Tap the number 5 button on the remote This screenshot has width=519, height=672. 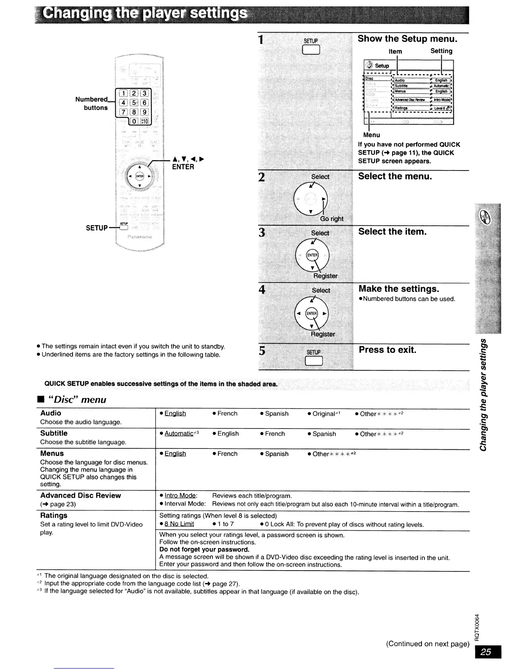pyautogui.click(x=133, y=102)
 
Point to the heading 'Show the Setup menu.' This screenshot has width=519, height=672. pyautogui.click(x=407, y=39)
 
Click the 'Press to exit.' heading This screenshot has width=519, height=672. pyautogui.click(x=388, y=350)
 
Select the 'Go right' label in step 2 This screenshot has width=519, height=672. pyautogui.click(x=332, y=219)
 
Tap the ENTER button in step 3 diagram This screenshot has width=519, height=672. pyautogui.click(x=312, y=255)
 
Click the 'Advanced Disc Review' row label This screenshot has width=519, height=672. pyautogui.click(x=81, y=496)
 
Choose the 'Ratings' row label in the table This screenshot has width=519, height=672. pyautogui.click(x=54, y=515)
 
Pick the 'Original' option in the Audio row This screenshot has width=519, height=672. pyautogui.click(x=324, y=414)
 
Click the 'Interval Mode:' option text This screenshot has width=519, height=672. pyautogui.click(x=185, y=504)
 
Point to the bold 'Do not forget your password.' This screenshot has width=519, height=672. pyautogui.click(x=204, y=550)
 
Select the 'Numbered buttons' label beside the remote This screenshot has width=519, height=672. pyautogui.click(x=91, y=104)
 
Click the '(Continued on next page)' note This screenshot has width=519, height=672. pyautogui.click(x=427, y=644)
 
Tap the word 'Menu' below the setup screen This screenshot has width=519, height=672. pyautogui.click(x=371, y=135)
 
